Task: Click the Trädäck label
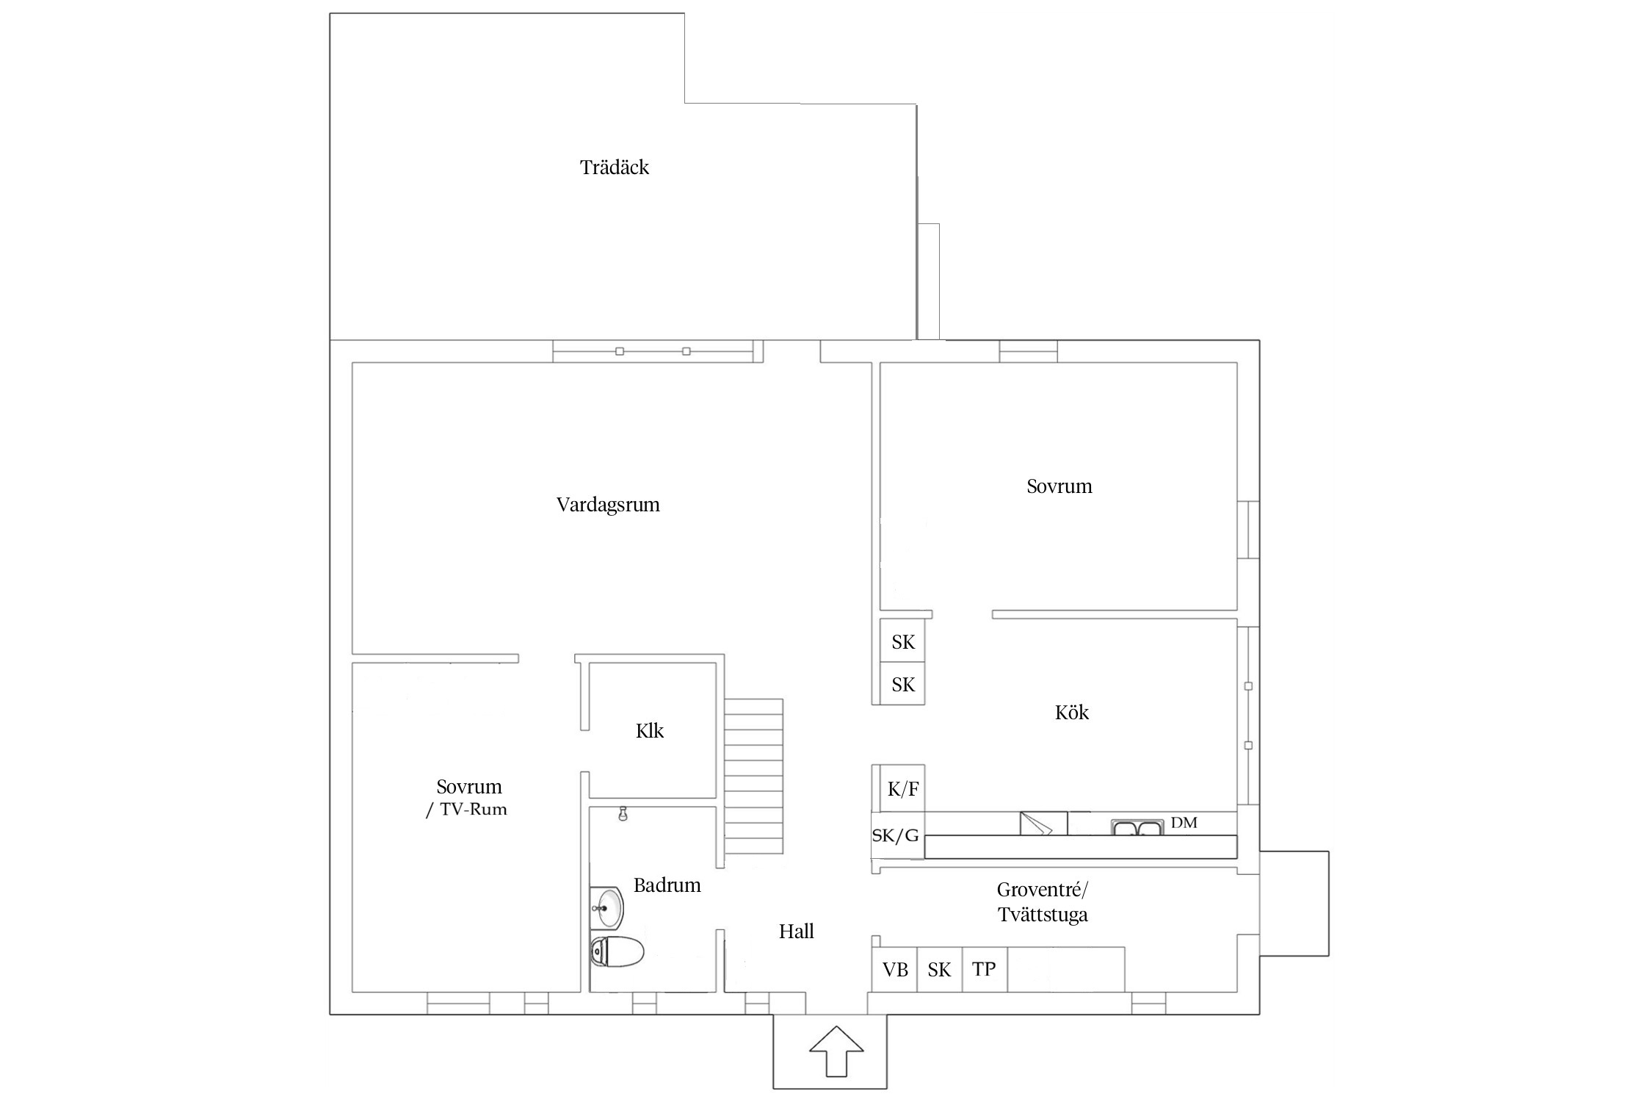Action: click(615, 168)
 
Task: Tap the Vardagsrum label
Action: click(608, 505)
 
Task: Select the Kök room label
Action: click(1072, 712)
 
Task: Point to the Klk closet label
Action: click(650, 730)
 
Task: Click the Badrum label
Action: click(667, 885)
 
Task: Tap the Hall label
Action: click(797, 931)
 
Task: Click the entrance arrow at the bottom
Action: click(836, 1051)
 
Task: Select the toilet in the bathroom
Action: click(617, 951)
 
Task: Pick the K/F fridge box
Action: click(902, 788)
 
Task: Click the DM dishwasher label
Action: click(1184, 823)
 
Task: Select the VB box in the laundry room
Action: click(895, 970)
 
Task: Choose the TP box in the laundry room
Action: click(984, 970)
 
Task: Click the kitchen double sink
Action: click(1137, 827)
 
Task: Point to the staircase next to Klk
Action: click(753, 776)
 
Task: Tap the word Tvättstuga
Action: click(1043, 915)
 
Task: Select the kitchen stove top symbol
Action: click(1043, 823)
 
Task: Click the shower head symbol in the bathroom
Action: click(623, 814)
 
